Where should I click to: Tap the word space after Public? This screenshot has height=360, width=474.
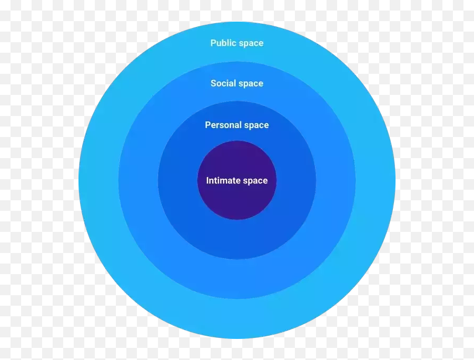tap(251, 43)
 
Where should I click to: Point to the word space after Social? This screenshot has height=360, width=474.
tap(251, 83)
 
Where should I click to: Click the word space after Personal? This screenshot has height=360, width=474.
tap(256, 125)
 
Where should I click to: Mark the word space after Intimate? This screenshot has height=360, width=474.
tap(255, 181)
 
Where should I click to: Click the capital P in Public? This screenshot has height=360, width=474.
tap(213, 43)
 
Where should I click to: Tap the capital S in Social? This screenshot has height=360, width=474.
tap(213, 83)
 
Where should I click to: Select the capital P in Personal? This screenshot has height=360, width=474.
tap(208, 125)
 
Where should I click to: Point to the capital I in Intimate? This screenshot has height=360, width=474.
tap(208, 181)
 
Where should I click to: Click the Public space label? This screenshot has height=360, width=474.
tap(237, 43)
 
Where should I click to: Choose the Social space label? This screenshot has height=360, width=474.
tap(237, 83)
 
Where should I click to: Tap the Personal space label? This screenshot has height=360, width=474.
tap(237, 125)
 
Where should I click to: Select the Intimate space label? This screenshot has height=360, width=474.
tap(237, 181)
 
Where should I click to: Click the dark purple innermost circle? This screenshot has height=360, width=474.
tap(237, 203)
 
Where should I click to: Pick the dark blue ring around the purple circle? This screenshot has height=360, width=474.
tap(237, 240)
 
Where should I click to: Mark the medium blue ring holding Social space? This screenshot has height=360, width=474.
tap(237, 279)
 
